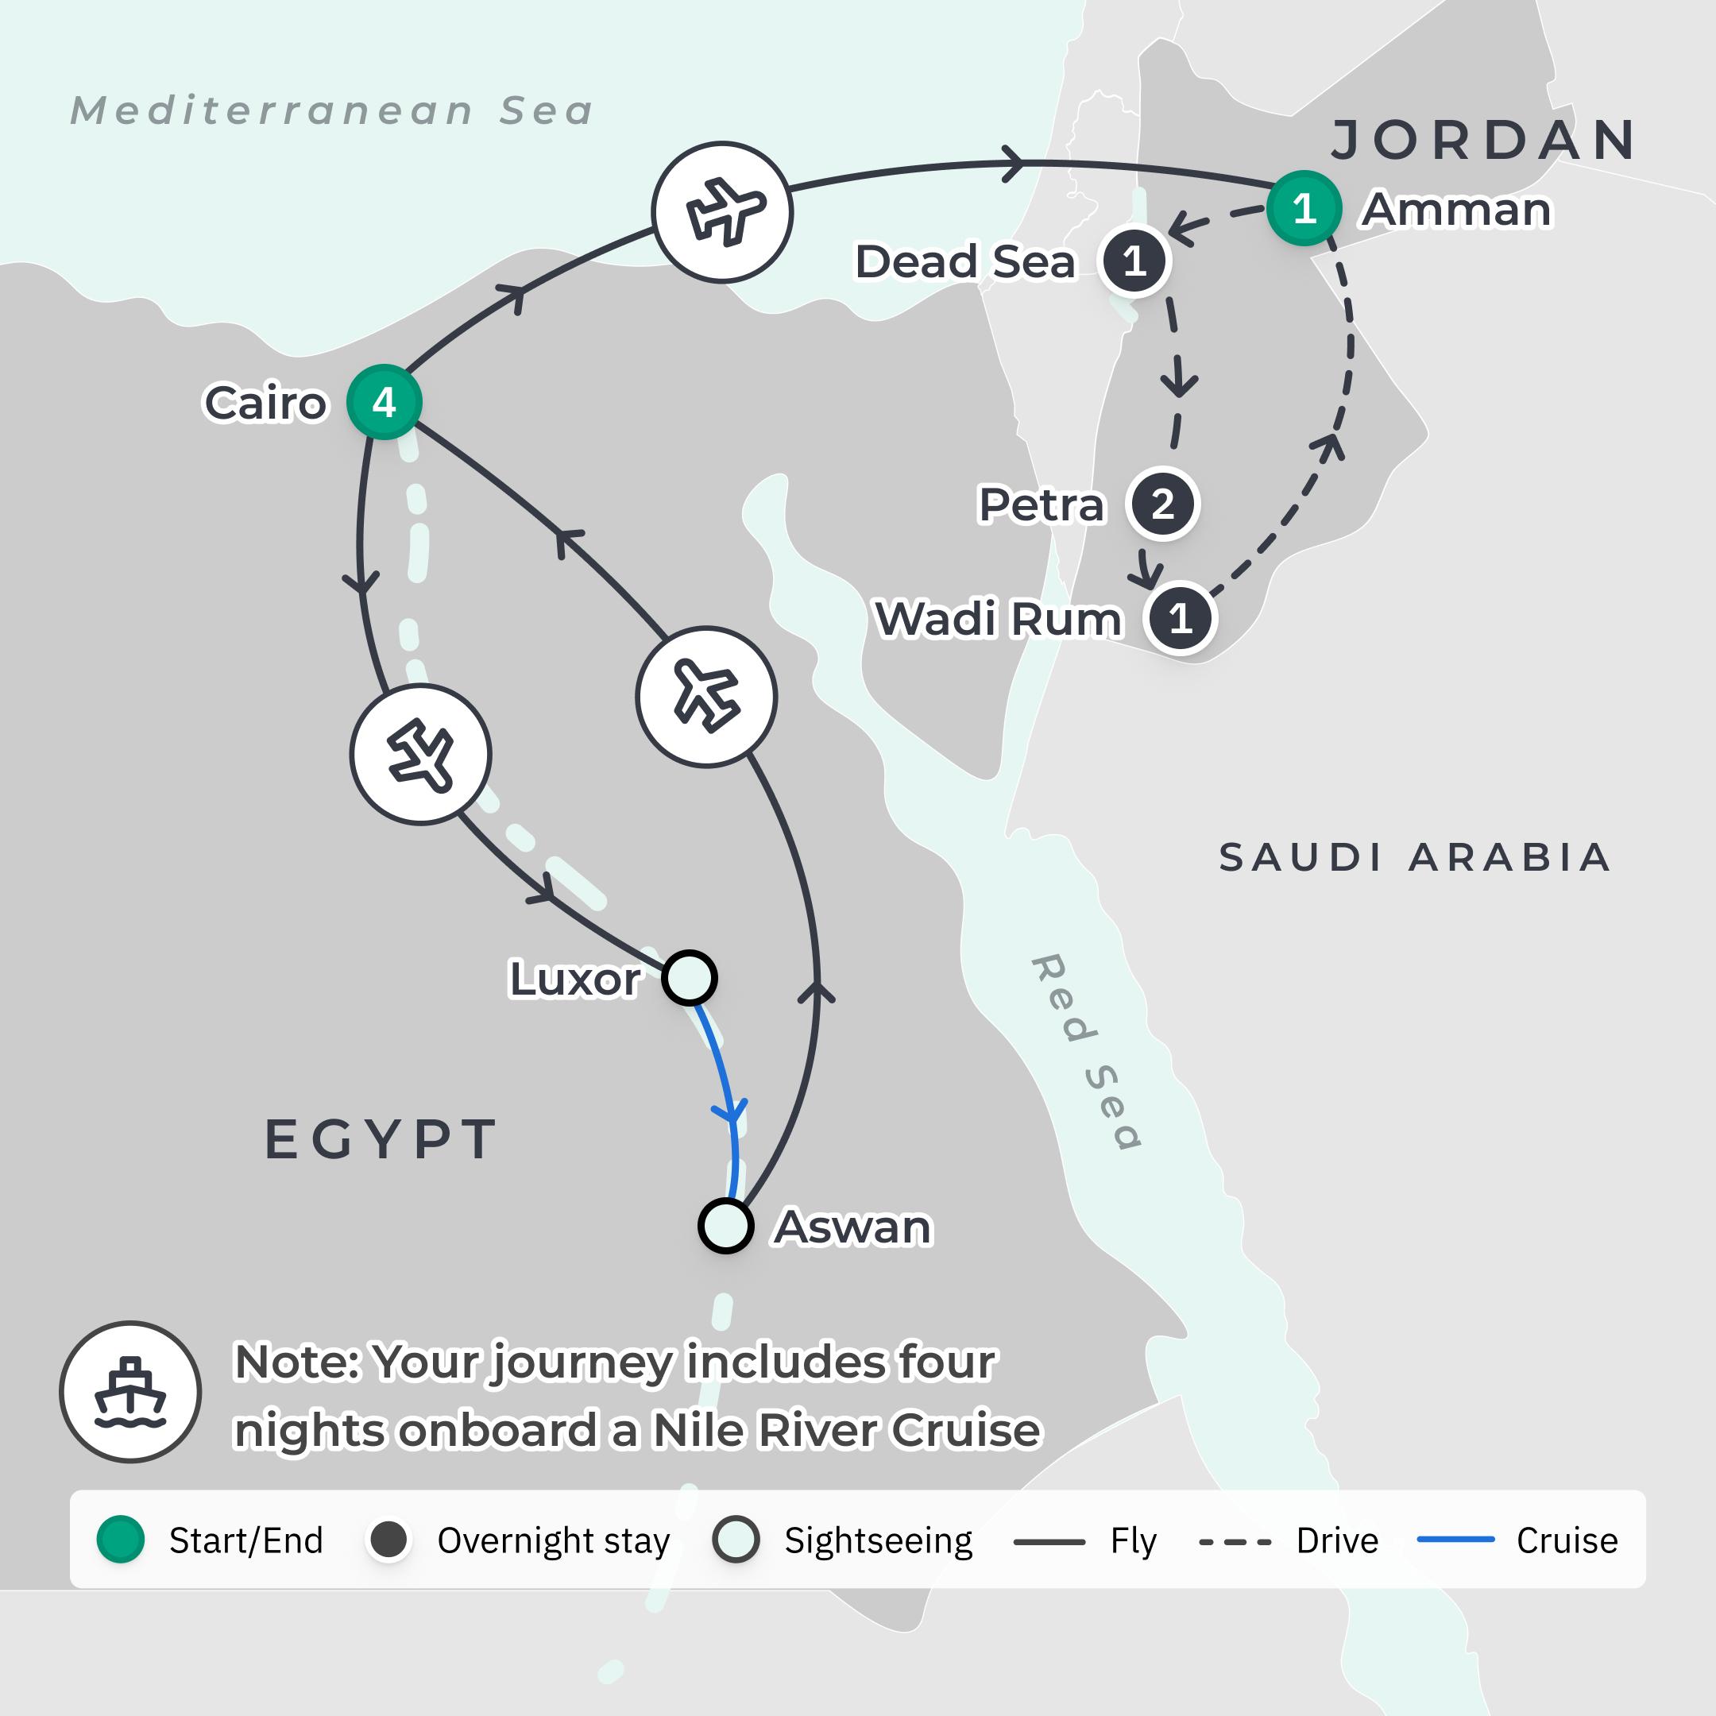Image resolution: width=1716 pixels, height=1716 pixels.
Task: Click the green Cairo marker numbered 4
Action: coord(384,402)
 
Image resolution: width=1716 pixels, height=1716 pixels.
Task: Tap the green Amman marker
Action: coord(1303,209)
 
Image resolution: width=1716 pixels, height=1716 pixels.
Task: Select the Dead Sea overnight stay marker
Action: coord(1134,261)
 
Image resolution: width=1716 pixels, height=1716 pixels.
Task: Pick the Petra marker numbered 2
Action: coord(1162,504)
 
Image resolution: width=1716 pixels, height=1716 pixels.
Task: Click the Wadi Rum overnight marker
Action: coord(1180,618)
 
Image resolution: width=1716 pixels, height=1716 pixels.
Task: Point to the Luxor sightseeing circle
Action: coord(690,978)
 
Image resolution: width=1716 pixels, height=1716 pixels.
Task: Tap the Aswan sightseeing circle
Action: coord(725,1226)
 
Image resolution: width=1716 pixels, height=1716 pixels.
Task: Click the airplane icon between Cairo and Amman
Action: coord(723,212)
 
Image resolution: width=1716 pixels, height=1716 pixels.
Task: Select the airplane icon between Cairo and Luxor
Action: coord(421,755)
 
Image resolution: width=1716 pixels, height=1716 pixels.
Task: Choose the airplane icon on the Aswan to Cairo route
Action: coord(706,697)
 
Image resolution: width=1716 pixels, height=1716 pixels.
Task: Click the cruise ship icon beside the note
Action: coord(130,1392)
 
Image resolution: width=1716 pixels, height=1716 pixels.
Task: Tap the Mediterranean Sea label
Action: coord(331,111)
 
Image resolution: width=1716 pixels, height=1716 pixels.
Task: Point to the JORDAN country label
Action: coord(1484,141)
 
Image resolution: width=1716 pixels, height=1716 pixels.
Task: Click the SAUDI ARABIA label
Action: coord(1414,857)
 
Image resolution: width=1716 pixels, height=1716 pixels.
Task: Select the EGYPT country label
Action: coord(381,1139)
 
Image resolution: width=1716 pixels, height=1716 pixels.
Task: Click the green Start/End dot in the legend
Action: coord(121,1540)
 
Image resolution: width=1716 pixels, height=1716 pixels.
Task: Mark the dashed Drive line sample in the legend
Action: coord(1235,1542)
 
